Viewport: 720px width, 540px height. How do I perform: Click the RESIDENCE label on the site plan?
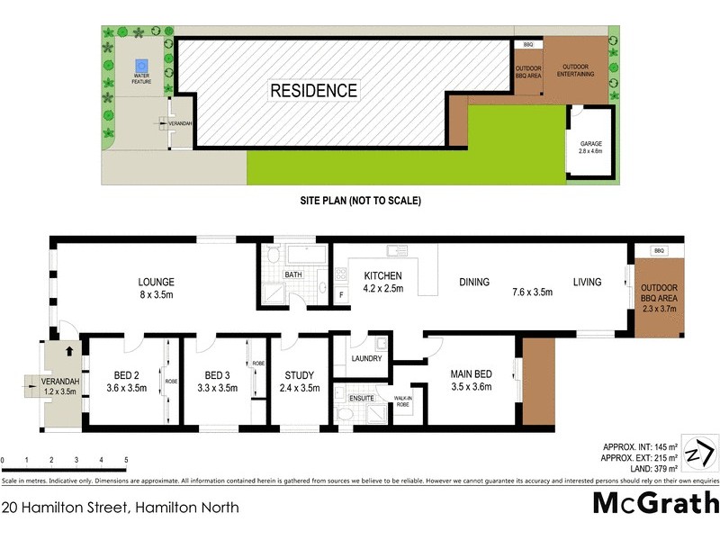[x=313, y=91]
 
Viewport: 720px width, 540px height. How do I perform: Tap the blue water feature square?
[x=140, y=67]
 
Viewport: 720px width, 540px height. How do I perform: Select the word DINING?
[x=473, y=283]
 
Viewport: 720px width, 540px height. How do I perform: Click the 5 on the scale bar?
[x=126, y=461]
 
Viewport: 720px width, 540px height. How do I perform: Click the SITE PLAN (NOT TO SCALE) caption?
[x=361, y=201]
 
